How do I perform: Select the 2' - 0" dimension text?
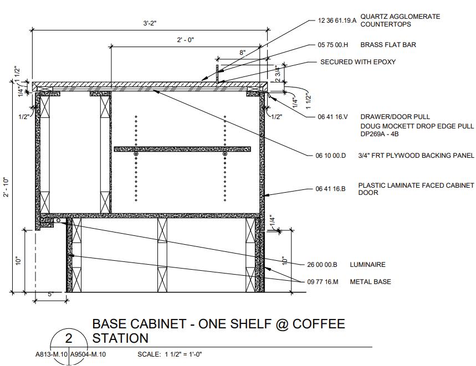[x=186, y=40]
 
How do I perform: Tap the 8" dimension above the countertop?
[x=242, y=53]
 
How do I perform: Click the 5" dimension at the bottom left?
[x=50, y=294]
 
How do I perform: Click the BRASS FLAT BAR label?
[x=388, y=45]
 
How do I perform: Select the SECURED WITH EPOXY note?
[x=358, y=62]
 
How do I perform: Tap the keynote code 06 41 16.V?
[x=332, y=117]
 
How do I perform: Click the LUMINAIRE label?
[x=367, y=265]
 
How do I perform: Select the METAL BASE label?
[x=370, y=282]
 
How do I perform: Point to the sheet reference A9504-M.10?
[x=88, y=355]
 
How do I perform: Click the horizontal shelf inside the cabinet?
[x=182, y=149]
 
